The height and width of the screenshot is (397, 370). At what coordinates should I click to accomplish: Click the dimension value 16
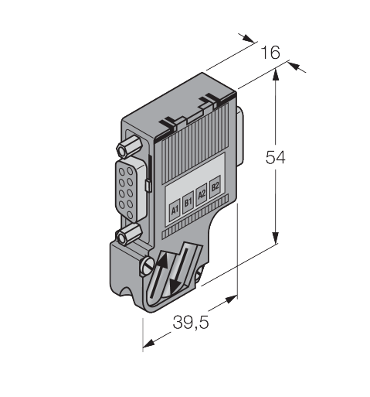[x=270, y=52]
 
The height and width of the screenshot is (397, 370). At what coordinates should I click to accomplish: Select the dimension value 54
[x=276, y=157]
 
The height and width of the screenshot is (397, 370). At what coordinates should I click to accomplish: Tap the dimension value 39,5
[x=191, y=322]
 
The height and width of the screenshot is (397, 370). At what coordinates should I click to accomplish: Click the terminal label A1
[x=175, y=210]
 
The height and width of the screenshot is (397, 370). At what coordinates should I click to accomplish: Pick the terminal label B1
[x=188, y=202]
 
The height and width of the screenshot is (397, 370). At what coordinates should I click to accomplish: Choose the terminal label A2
[x=202, y=194]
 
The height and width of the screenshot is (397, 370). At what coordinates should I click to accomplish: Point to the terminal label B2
[x=215, y=187]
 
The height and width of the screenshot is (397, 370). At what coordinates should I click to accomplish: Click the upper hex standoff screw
[x=129, y=145]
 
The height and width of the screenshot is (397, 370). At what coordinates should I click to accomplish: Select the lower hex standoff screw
[x=128, y=234]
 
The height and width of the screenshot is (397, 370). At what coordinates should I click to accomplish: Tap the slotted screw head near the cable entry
[x=148, y=265]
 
